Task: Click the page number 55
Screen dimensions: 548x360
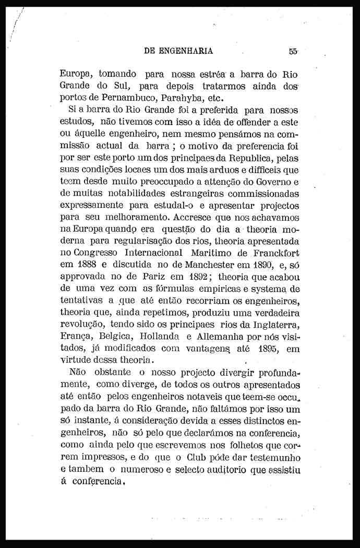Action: point(292,51)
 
